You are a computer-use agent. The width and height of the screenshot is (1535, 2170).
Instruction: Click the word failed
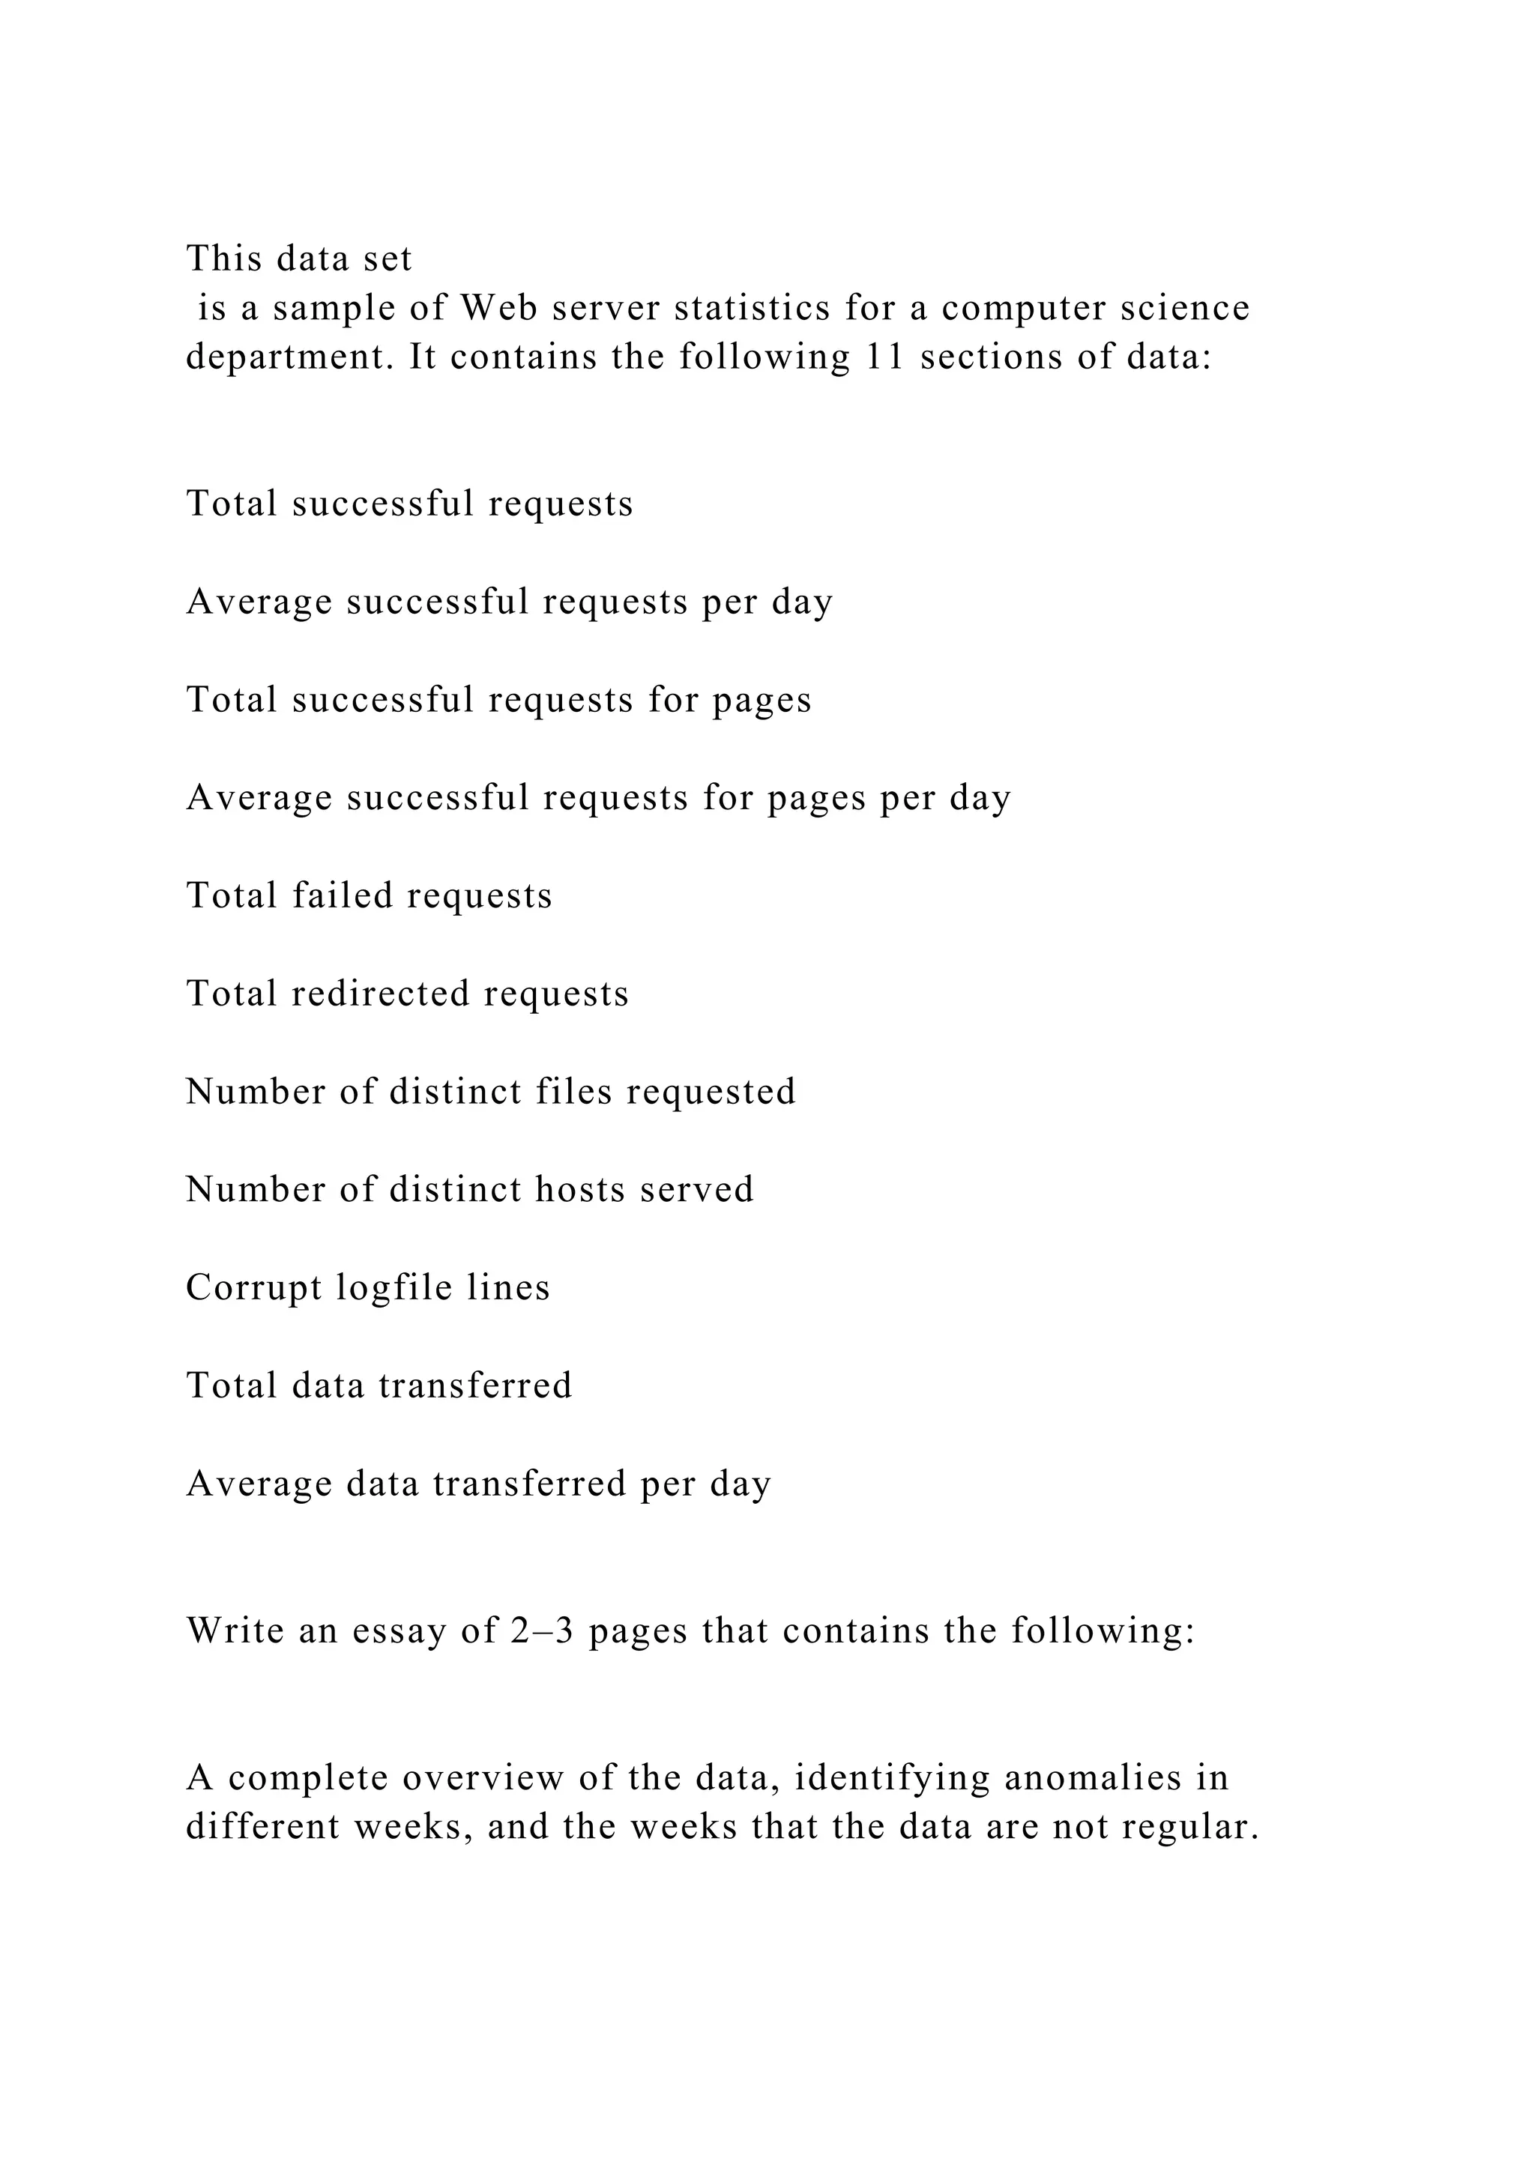pyautogui.click(x=343, y=895)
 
